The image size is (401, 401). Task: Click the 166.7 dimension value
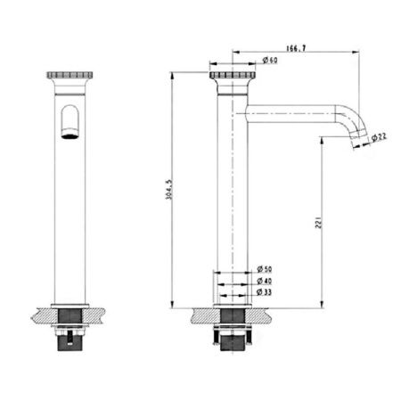[296, 48]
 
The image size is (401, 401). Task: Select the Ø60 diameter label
[270, 60]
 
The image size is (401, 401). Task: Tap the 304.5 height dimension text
[168, 190]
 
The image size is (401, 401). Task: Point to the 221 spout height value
[318, 222]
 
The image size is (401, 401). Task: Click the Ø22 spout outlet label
[380, 137]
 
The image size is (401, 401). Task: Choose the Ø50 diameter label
[265, 269]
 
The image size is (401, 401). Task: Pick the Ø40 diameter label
[265, 281]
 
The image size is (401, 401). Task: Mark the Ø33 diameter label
[265, 292]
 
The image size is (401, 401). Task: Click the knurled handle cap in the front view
[70, 75]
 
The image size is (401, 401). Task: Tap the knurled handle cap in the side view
[233, 75]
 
